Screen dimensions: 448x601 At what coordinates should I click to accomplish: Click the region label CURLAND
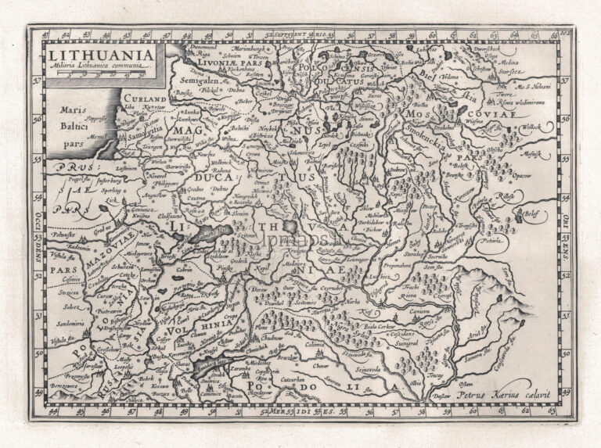145,100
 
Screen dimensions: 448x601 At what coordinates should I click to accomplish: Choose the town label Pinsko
226,267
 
